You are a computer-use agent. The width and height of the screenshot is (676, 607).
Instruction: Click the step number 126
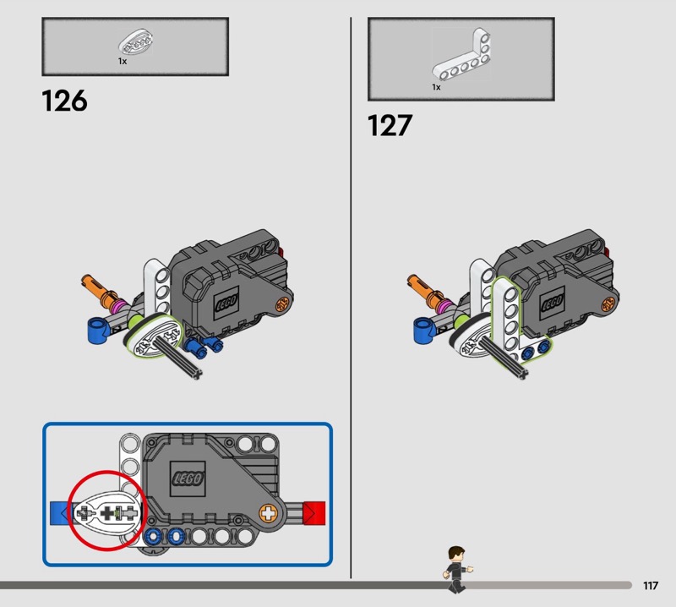click(65, 101)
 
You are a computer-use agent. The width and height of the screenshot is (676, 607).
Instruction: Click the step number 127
click(390, 125)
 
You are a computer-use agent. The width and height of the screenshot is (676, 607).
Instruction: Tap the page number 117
click(651, 585)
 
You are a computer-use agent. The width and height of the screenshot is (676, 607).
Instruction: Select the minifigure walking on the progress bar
click(457, 569)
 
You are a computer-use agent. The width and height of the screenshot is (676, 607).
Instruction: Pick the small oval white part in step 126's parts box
click(136, 42)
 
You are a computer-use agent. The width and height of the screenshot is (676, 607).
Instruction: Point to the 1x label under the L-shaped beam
click(436, 88)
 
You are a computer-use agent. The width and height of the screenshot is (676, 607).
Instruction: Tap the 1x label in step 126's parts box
click(123, 62)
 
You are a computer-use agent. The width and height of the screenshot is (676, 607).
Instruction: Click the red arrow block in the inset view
click(314, 513)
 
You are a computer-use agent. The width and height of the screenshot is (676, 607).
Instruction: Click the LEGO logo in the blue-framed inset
click(188, 478)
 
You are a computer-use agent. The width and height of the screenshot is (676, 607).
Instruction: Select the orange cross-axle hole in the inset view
click(268, 513)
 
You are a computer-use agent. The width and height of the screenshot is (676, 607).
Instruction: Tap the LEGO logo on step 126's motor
click(226, 303)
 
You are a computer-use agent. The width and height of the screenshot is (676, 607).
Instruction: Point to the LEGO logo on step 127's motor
click(553, 303)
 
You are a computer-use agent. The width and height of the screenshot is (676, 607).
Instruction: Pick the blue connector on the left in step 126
click(99, 330)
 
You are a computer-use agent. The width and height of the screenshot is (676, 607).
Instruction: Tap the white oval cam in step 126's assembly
click(154, 336)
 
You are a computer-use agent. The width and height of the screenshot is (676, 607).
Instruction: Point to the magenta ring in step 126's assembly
click(118, 307)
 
